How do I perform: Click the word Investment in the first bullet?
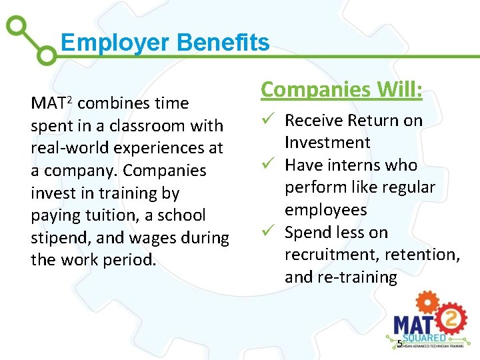(327, 143)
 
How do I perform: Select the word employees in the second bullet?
(325, 210)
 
